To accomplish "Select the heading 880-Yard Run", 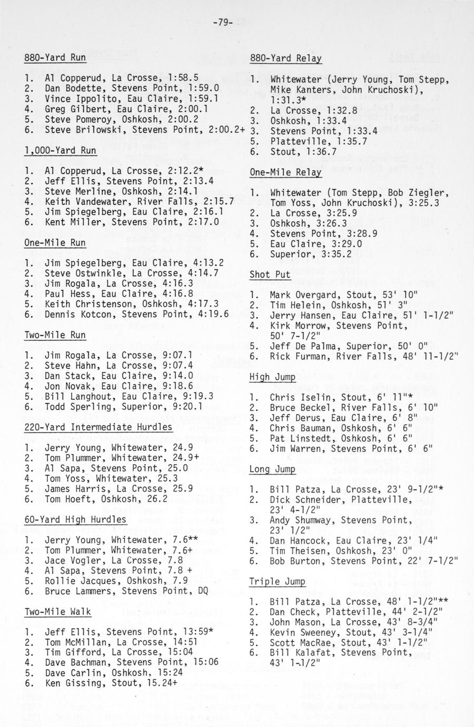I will click(55, 58).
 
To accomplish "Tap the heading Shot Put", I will click(270, 274).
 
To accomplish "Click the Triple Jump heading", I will click(277, 582).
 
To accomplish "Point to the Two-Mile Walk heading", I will click(57, 612).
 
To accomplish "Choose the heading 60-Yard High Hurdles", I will click(75, 520).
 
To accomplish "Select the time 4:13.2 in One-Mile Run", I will click(208, 263).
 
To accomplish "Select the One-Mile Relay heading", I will click(285, 172).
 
